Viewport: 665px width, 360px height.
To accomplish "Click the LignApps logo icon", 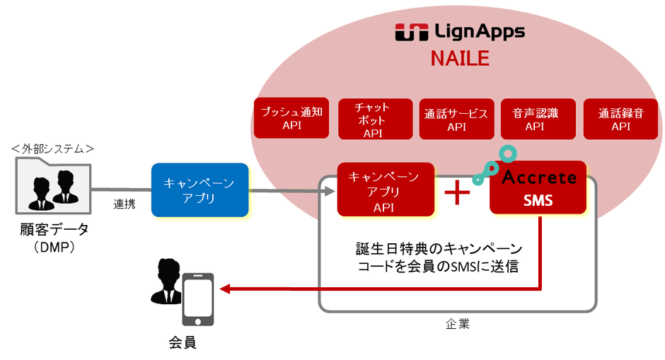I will tap(411, 33).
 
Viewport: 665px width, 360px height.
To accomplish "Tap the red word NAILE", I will tap(460, 58).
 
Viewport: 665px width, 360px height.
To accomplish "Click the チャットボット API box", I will tap(372, 119).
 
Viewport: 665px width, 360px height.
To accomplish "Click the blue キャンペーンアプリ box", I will tap(199, 190).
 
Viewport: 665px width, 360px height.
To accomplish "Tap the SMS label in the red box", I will tap(538, 200).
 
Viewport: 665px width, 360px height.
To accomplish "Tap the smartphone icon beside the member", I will tap(197, 298).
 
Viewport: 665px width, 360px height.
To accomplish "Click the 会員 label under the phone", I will tap(182, 343).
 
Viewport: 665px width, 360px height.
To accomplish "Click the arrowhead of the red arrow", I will tap(225, 289).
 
